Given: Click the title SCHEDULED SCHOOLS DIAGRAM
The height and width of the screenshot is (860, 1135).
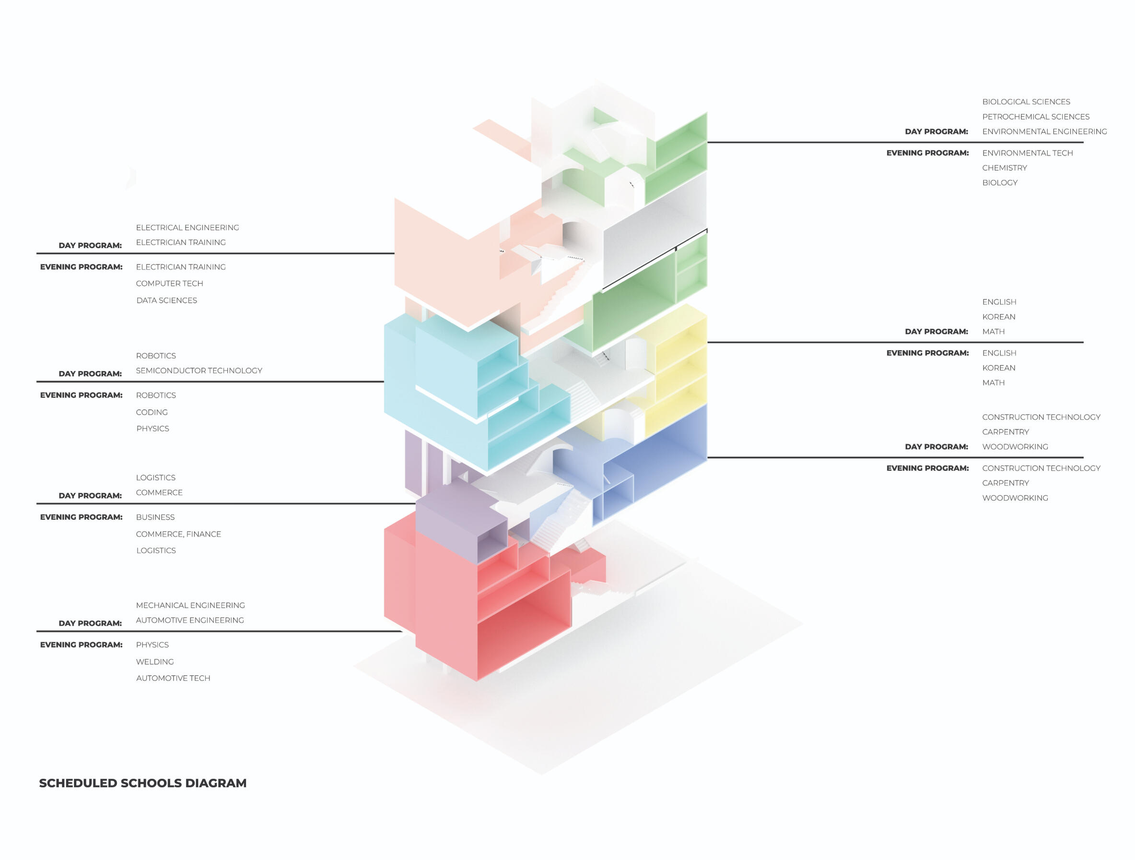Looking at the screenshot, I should [x=142, y=783].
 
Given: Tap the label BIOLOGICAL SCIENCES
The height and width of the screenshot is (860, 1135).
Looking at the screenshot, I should [x=1026, y=102].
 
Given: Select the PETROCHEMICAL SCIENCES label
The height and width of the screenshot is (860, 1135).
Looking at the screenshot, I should [x=1035, y=117].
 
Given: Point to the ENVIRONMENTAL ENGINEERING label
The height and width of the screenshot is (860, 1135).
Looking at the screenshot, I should [x=1044, y=131].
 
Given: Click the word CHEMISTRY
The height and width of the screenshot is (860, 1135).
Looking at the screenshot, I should [x=1004, y=168].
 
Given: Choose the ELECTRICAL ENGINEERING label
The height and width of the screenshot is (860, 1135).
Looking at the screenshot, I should [x=187, y=227].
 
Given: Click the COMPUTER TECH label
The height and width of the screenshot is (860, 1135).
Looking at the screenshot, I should [x=169, y=284].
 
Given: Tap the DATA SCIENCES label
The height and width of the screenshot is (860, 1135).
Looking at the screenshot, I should [x=166, y=300].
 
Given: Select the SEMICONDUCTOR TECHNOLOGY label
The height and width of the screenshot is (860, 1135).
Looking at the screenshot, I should [x=199, y=370].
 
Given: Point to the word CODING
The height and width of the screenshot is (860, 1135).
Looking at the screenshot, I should [x=152, y=412].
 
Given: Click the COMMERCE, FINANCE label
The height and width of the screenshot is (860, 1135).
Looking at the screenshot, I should [x=178, y=534].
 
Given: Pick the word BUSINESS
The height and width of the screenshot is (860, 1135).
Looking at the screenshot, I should [x=155, y=517].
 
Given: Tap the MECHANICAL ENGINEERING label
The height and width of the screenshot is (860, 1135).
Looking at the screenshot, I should [x=190, y=605].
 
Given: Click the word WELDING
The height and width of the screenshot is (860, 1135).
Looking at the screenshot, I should [x=154, y=662].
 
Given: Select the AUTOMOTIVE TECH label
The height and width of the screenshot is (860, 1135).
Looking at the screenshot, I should [x=173, y=678].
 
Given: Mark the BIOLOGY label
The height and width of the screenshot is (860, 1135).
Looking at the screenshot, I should [x=1000, y=183].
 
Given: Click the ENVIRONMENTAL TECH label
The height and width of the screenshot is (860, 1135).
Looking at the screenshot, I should [x=1027, y=153].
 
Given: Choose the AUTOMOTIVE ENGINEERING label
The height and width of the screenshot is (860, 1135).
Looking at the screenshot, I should [x=190, y=620].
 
